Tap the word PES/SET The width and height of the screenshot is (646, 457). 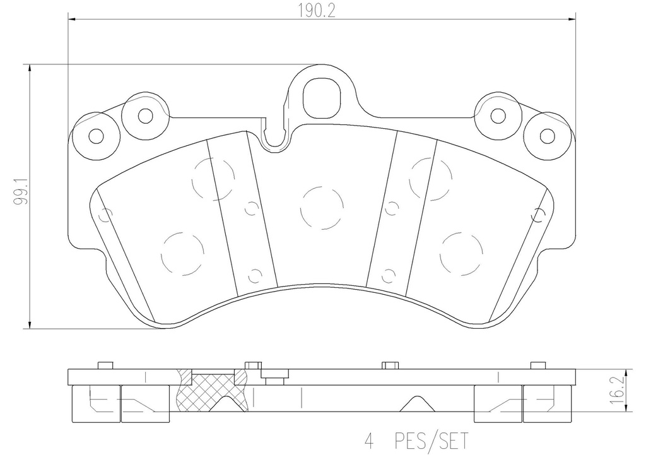pyautogui.click(x=432, y=441)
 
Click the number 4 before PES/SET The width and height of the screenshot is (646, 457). pyautogui.click(x=369, y=441)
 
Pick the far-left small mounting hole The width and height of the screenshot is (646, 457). pyautogui.click(x=97, y=136)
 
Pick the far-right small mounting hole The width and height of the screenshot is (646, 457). pyautogui.click(x=548, y=136)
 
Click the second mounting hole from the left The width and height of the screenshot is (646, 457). pyautogui.click(x=146, y=116)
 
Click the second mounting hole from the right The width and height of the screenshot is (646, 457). pyautogui.click(x=498, y=116)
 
